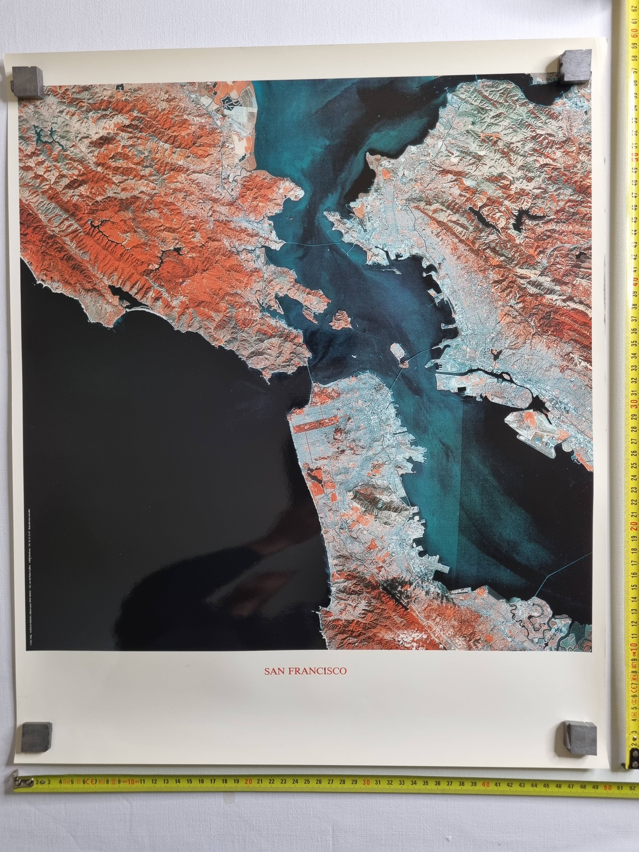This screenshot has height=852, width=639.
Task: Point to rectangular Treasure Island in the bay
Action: pos(397,351)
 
